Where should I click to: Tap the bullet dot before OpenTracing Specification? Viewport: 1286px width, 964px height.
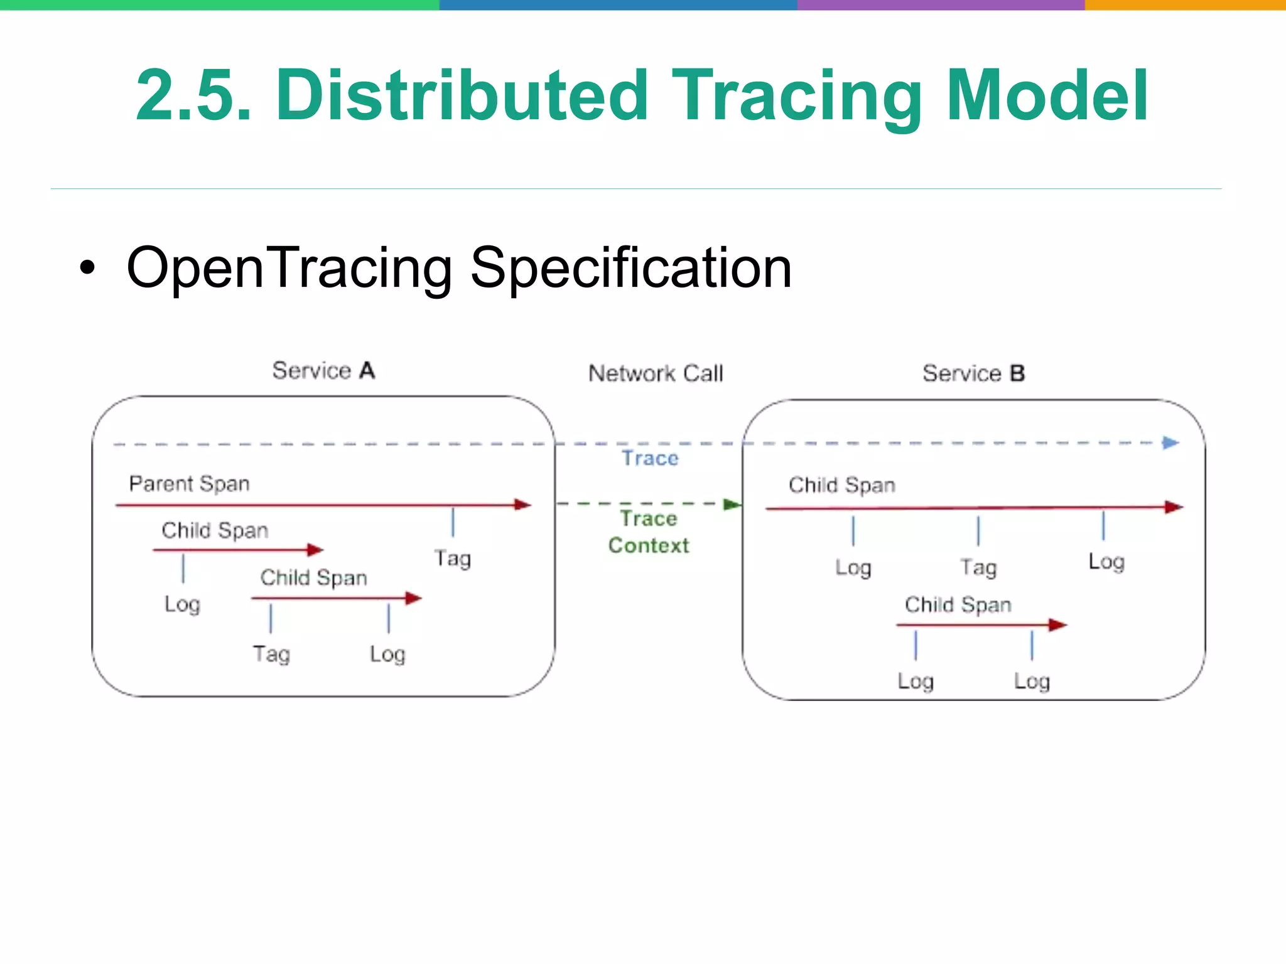point(88,269)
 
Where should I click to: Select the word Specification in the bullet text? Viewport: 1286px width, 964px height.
point(630,269)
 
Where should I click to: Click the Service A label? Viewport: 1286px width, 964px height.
point(323,370)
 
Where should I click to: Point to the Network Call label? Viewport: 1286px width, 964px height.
point(656,373)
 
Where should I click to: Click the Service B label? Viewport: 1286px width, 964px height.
point(973,373)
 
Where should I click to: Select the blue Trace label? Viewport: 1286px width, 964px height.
point(650,458)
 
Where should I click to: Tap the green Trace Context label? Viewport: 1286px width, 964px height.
point(649,532)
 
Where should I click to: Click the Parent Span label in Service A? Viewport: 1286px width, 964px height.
point(189,484)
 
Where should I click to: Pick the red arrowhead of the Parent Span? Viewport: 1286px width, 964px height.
point(522,504)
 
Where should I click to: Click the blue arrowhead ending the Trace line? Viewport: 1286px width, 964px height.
point(1170,443)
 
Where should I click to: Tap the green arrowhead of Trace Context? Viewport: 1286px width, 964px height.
point(732,504)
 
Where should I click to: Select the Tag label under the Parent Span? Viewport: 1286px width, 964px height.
point(452,558)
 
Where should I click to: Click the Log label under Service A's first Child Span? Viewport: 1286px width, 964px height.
point(182,604)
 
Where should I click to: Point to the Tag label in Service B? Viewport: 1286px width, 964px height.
point(978,567)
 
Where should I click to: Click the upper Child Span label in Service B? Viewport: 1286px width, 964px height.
point(841,485)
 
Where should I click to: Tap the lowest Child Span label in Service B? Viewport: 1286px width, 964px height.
point(958,604)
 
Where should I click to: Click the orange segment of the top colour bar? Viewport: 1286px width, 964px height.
point(1184,4)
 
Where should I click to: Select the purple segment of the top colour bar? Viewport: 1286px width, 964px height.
point(940,4)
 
